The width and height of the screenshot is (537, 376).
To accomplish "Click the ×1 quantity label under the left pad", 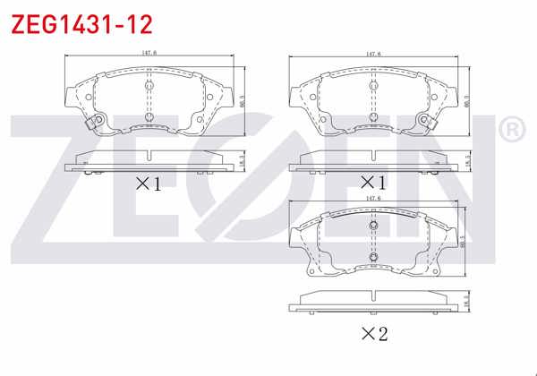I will [148, 184].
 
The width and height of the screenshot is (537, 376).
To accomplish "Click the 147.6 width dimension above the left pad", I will [149, 54].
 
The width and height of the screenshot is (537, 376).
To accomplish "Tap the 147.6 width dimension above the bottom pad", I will [372, 199].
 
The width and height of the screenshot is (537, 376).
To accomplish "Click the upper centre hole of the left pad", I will [149, 87].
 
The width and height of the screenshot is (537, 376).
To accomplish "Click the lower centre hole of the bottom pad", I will [372, 260].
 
